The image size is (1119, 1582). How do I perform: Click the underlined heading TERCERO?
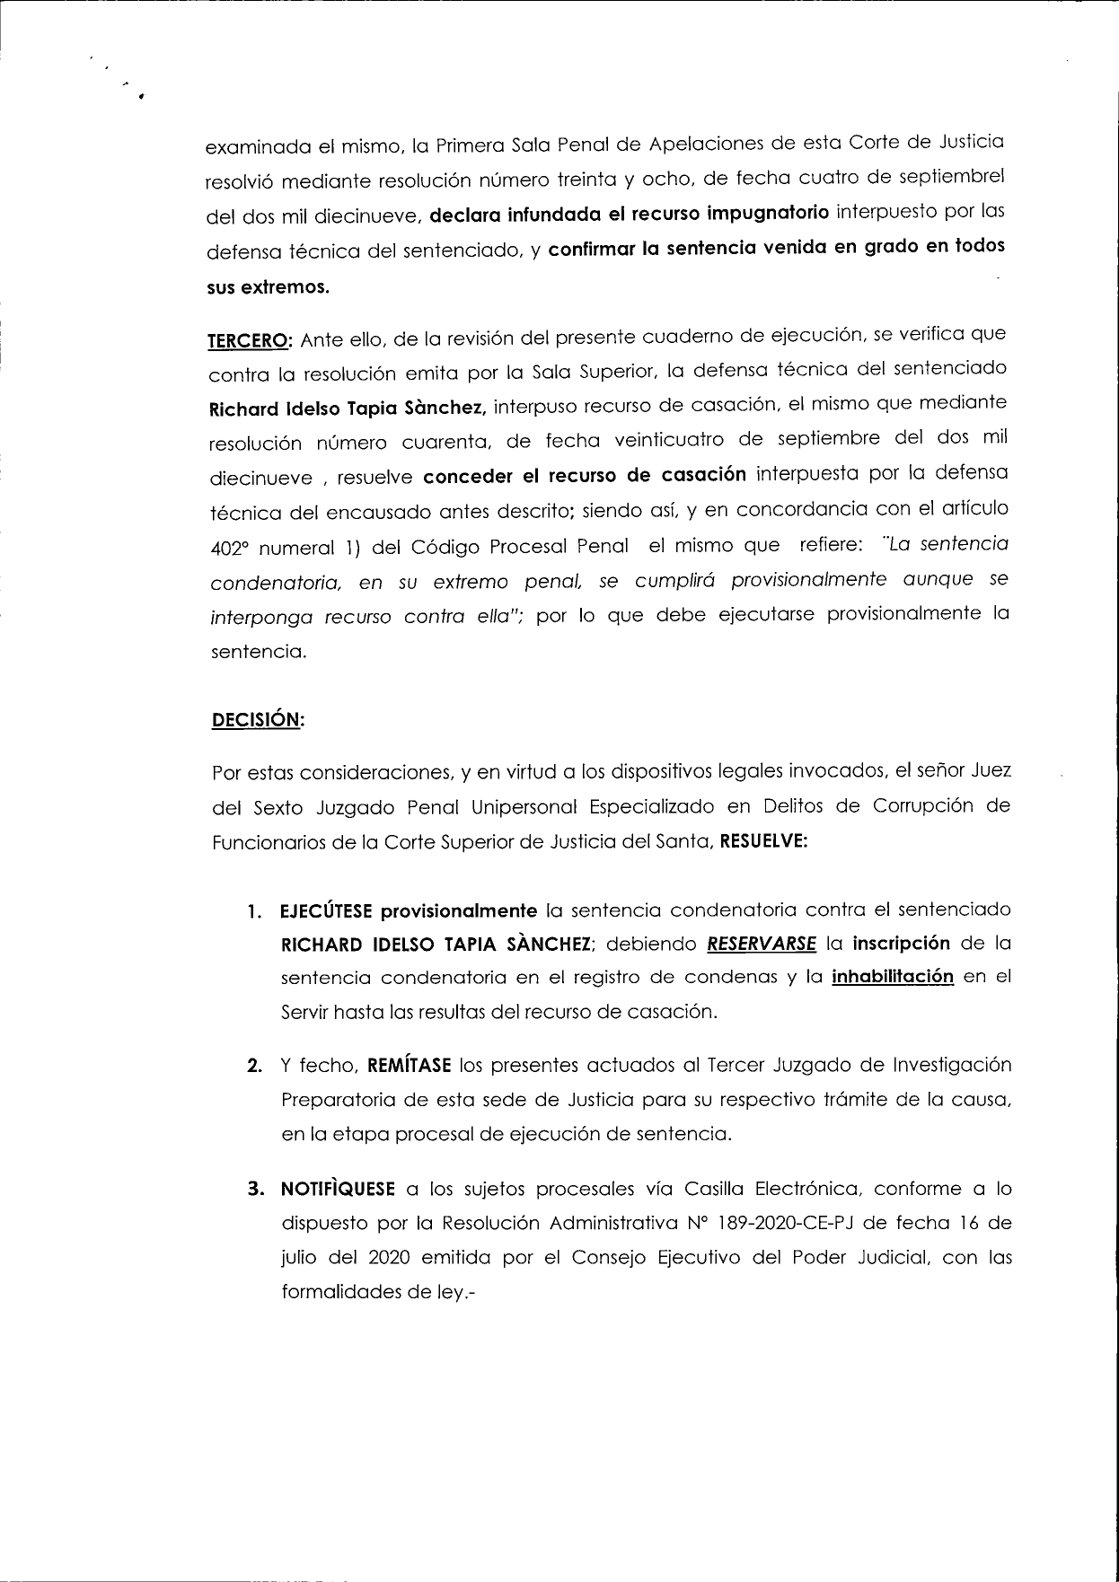click(248, 341)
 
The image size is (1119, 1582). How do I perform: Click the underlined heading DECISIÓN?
click(256, 720)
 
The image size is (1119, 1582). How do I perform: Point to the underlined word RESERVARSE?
click(762, 944)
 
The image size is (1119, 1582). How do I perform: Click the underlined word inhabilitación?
click(893, 977)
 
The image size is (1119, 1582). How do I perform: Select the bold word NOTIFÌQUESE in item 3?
click(338, 1190)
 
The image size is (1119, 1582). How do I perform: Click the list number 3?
click(255, 1190)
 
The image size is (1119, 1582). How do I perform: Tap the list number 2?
click(255, 1067)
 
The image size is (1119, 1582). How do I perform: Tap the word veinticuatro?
click(665, 439)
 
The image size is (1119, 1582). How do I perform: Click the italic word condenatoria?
click(275, 584)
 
